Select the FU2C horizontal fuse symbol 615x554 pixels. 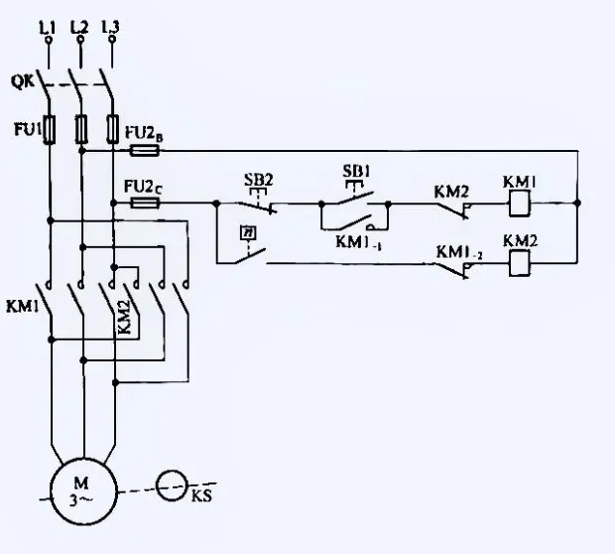[145, 203]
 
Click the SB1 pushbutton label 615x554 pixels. [356, 171]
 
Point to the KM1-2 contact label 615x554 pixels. [459, 252]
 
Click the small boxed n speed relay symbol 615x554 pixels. [243, 232]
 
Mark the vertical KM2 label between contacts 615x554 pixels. [123, 317]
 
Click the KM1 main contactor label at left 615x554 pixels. [22, 308]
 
